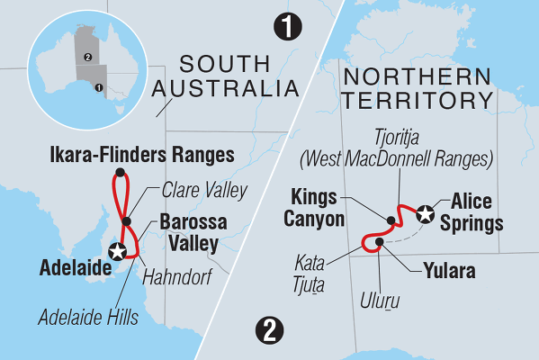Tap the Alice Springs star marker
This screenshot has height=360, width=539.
point(426,213)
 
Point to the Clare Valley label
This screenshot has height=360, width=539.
point(194,192)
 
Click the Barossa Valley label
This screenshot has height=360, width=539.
point(194,231)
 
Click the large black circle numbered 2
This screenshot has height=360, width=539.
point(266,330)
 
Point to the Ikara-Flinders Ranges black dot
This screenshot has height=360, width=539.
point(118,175)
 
